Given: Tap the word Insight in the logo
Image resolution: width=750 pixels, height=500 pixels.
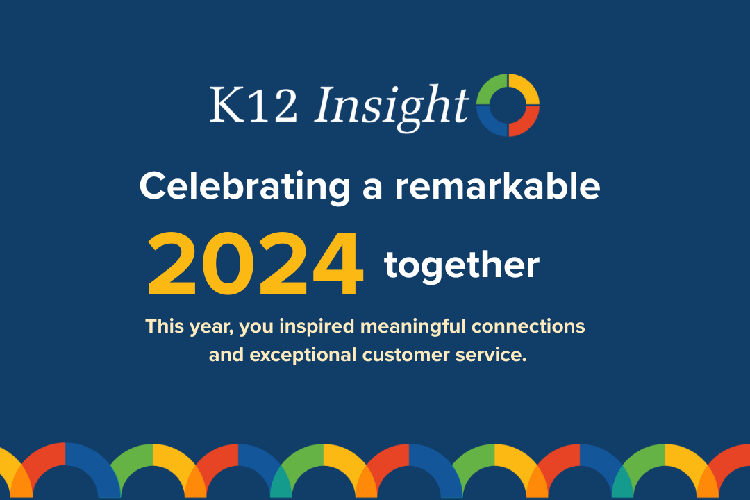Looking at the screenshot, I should (391, 104).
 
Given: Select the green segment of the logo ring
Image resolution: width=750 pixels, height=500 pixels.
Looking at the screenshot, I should (492, 87).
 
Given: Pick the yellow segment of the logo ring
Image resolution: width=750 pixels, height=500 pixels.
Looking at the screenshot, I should (525, 87).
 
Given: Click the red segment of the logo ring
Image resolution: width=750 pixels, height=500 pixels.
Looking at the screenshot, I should (526, 121).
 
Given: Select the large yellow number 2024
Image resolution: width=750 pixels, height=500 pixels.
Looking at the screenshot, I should (256, 265).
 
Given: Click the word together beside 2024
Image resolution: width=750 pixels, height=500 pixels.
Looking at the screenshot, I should (462, 265).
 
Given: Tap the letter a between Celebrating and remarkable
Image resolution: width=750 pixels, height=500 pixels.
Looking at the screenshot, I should (372, 187).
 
